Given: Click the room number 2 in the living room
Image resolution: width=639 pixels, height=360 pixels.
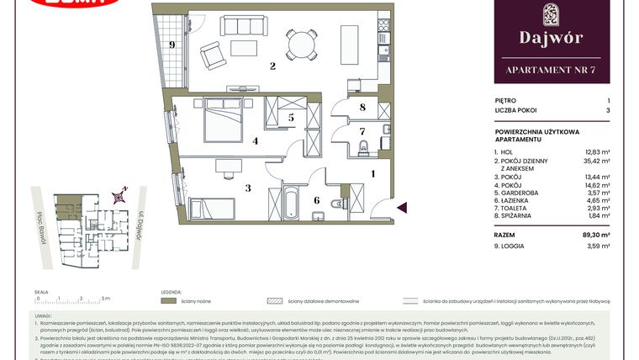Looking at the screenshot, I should coord(272,66).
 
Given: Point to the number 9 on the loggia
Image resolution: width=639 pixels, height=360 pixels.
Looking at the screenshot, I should coord(172,45).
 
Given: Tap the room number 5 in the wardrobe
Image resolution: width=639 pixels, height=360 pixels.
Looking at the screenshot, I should coord(290,119).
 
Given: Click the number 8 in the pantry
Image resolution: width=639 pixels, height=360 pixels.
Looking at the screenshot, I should coord(362,107).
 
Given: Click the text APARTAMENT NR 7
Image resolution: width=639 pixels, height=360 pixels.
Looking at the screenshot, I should coord(550,69).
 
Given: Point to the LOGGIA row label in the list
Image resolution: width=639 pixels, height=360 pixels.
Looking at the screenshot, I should coord(515,246).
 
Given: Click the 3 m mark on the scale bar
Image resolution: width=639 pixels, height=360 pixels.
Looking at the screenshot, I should coord(102,298).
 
